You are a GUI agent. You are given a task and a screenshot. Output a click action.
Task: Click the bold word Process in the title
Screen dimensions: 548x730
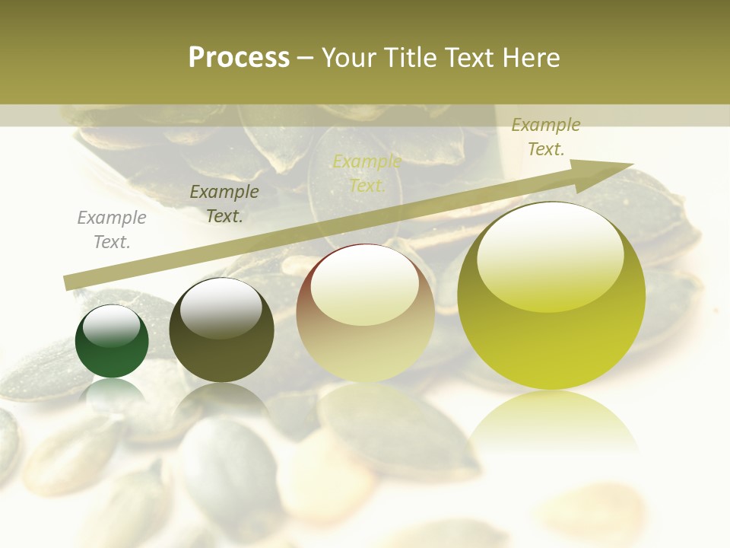[239, 58]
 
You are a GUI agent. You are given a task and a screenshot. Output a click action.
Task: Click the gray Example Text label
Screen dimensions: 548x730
[112, 230]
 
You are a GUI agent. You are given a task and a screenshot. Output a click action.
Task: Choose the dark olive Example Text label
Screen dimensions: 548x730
[224, 204]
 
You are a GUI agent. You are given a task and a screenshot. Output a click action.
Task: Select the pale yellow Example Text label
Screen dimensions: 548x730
[367, 174]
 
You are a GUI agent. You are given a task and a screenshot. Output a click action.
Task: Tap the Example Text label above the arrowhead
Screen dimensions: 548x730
[546, 137]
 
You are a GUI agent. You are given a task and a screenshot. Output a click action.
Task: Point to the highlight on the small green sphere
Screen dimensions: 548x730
[116, 326]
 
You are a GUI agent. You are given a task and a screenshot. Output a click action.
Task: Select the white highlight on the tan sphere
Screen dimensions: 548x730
[364, 285]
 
